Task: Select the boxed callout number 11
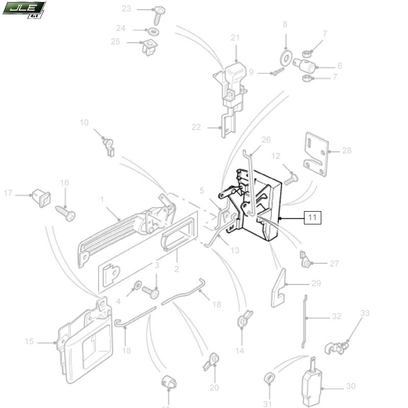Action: (x=313, y=218)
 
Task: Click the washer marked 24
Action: (x=155, y=32)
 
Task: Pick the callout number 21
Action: (x=235, y=38)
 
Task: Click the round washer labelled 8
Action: (x=286, y=55)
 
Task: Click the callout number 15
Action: (x=29, y=341)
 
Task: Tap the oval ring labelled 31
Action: (x=269, y=378)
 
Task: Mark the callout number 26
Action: (x=266, y=140)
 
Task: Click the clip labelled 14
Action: (x=242, y=321)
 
